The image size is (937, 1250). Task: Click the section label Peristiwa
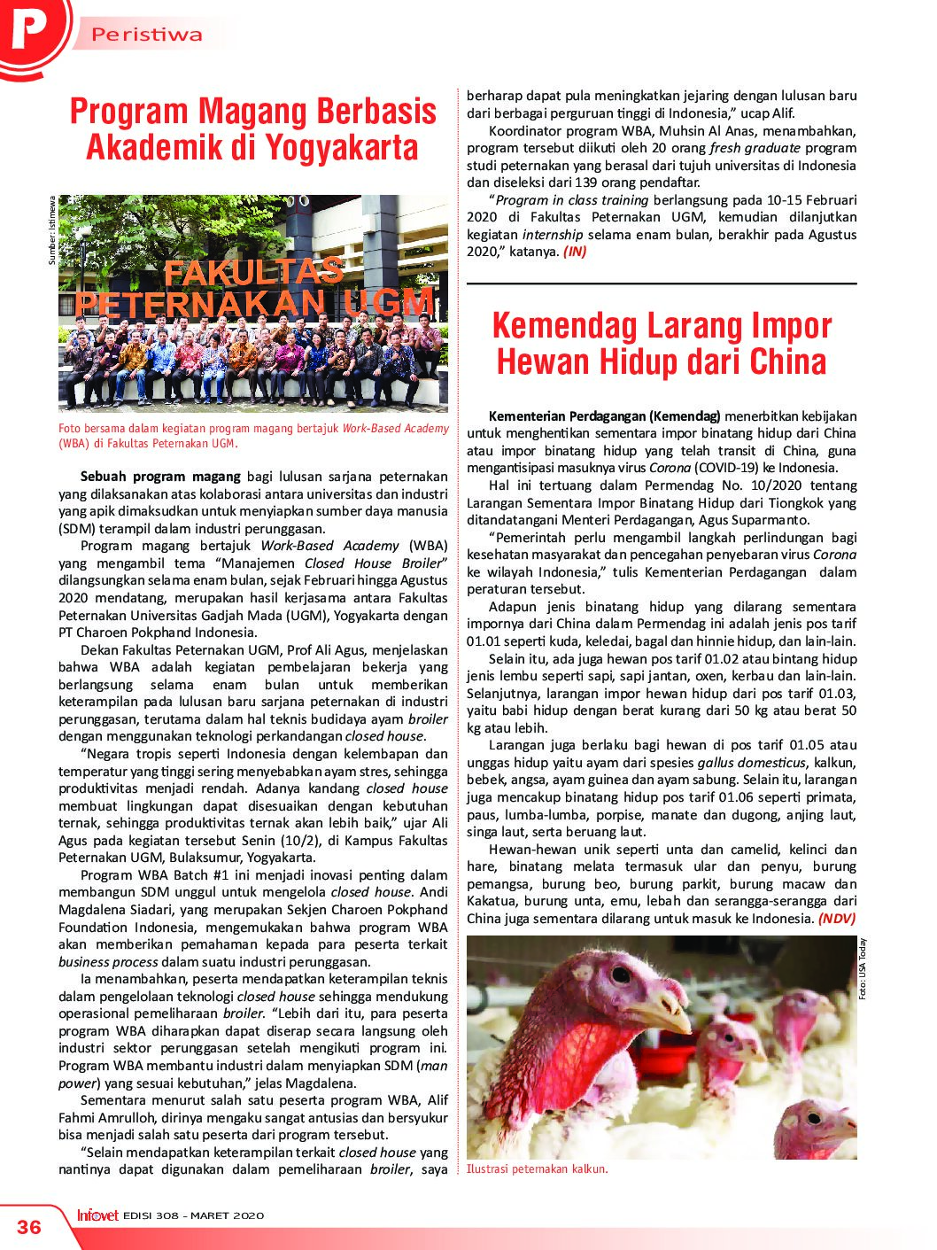(147, 35)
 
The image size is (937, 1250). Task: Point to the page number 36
(29, 1226)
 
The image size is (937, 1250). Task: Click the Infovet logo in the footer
(97, 1215)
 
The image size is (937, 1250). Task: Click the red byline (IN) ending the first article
(574, 252)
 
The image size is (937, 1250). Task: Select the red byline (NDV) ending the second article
(837, 919)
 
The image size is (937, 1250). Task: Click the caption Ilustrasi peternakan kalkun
(537, 1168)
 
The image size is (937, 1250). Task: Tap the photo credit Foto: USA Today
(863, 969)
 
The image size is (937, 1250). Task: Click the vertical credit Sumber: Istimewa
(52, 229)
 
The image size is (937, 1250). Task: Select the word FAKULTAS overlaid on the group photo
(254, 272)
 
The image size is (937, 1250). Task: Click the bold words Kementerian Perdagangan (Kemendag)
(605, 416)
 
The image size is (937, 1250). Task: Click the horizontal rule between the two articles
(662, 283)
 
